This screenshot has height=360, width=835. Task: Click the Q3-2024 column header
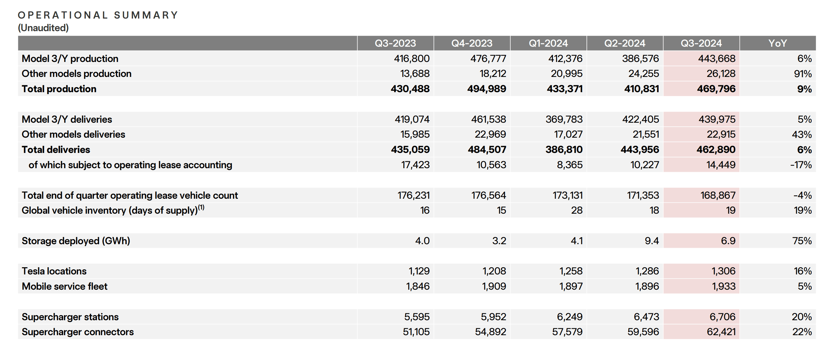701,43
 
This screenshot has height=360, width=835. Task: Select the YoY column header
777,43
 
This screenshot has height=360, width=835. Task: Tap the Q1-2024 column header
548,43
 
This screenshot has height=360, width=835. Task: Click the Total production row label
59,89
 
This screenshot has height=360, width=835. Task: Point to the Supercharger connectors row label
77,332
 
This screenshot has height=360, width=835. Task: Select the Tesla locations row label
54,271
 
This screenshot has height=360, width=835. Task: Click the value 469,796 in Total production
716,89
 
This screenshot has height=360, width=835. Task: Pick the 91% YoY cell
803,74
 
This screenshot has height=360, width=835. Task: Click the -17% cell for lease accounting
801,165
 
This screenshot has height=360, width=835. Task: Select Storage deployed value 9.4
651,241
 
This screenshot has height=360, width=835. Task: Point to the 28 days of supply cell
577,210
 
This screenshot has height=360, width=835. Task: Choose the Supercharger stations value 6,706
722,317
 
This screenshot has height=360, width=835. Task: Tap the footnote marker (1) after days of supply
201,207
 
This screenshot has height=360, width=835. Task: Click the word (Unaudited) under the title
43,28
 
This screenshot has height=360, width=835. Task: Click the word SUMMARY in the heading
146,15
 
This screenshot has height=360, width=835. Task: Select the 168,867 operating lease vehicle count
718,195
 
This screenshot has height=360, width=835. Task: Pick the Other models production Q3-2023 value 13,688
415,74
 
